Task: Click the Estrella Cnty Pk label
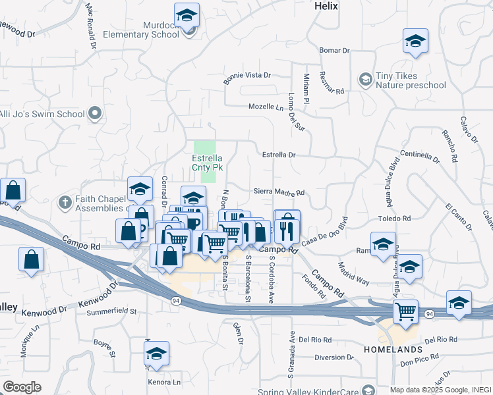pyautogui.click(x=207, y=163)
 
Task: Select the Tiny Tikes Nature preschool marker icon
pyautogui.click(x=364, y=80)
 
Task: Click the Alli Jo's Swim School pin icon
pyautogui.click(x=96, y=113)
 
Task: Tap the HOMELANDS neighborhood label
pyautogui.click(x=393, y=349)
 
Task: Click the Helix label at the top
pyautogui.click(x=326, y=6)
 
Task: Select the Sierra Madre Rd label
pyautogui.click(x=279, y=193)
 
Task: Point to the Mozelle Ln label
pyautogui.click(x=265, y=107)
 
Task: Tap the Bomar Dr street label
pyautogui.click(x=333, y=51)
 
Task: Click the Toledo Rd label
pyautogui.click(x=394, y=218)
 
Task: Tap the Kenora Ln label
pyautogui.click(x=164, y=382)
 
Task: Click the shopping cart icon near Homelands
pyautogui.click(x=405, y=311)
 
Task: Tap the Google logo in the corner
pyautogui.click(x=22, y=387)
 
